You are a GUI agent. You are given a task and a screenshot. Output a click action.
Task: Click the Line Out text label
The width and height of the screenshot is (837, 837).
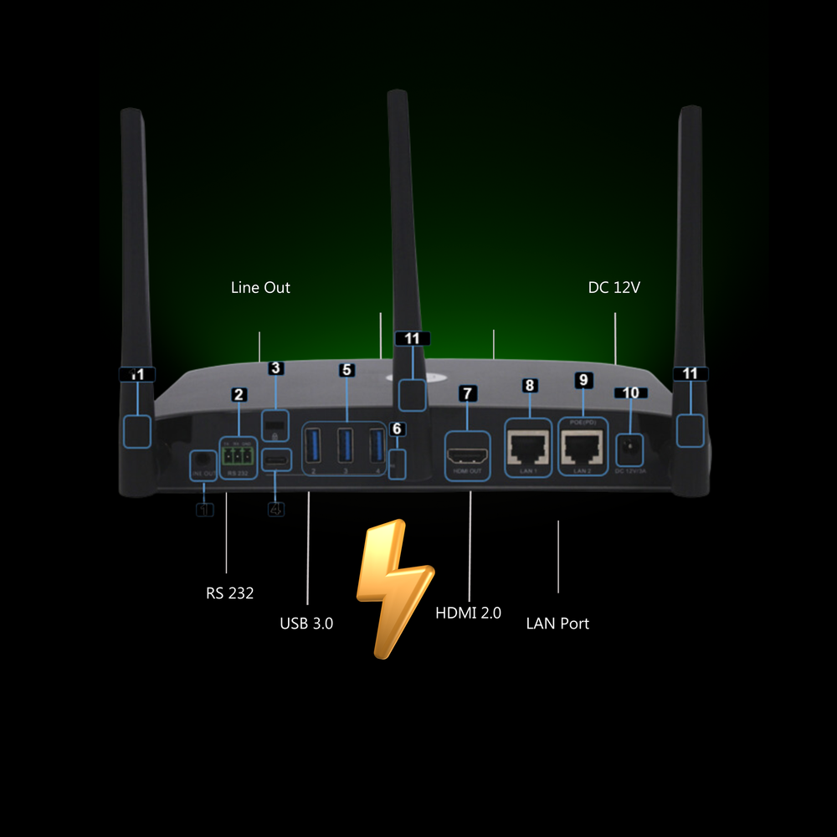[260, 287]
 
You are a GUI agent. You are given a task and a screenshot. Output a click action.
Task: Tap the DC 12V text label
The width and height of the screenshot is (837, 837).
[614, 287]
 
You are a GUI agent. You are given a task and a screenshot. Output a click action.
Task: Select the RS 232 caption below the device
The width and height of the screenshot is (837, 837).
[229, 593]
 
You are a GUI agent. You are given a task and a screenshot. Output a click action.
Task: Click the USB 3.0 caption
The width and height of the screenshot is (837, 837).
[306, 623]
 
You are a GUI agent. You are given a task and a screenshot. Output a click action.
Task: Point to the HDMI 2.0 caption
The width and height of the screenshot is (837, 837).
[468, 613]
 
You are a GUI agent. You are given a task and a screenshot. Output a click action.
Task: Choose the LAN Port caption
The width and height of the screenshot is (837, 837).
[557, 623]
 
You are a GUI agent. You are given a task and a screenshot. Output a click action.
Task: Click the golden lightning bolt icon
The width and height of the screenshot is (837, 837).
[393, 586]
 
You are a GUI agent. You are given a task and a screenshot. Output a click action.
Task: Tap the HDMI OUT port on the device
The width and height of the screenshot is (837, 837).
[469, 456]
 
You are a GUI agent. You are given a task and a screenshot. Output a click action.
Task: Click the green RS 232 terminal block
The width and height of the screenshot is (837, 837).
[237, 456]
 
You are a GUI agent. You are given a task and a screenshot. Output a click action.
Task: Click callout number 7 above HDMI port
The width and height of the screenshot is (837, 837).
[468, 393]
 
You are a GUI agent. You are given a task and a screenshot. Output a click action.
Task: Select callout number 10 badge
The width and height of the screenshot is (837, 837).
[630, 393]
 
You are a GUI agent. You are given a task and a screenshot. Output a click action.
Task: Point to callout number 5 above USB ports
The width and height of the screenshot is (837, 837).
[347, 369]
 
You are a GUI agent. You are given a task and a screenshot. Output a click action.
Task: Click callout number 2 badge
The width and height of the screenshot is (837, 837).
[239, 394]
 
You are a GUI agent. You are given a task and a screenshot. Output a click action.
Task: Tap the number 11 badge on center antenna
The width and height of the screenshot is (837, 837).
[412, 338]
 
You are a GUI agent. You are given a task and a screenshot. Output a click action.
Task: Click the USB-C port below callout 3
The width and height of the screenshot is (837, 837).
[276, 460]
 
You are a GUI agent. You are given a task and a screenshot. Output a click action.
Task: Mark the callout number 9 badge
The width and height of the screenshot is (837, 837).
[583, 379]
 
